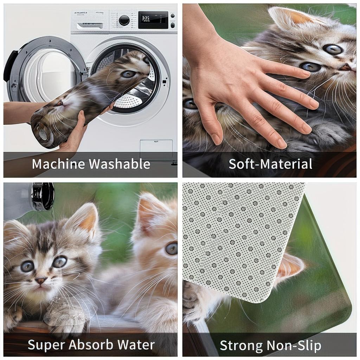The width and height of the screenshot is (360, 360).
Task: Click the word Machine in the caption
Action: tap(58, 164)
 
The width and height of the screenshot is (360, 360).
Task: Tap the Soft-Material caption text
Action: tap(270, 164)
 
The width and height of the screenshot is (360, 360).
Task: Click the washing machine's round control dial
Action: tap(124, 20)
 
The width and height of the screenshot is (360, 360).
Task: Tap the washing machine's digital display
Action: tap(153, 20)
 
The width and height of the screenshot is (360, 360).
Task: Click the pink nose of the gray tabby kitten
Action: tap(40, 280)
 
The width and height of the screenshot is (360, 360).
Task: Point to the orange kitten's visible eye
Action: tap(171, 249)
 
